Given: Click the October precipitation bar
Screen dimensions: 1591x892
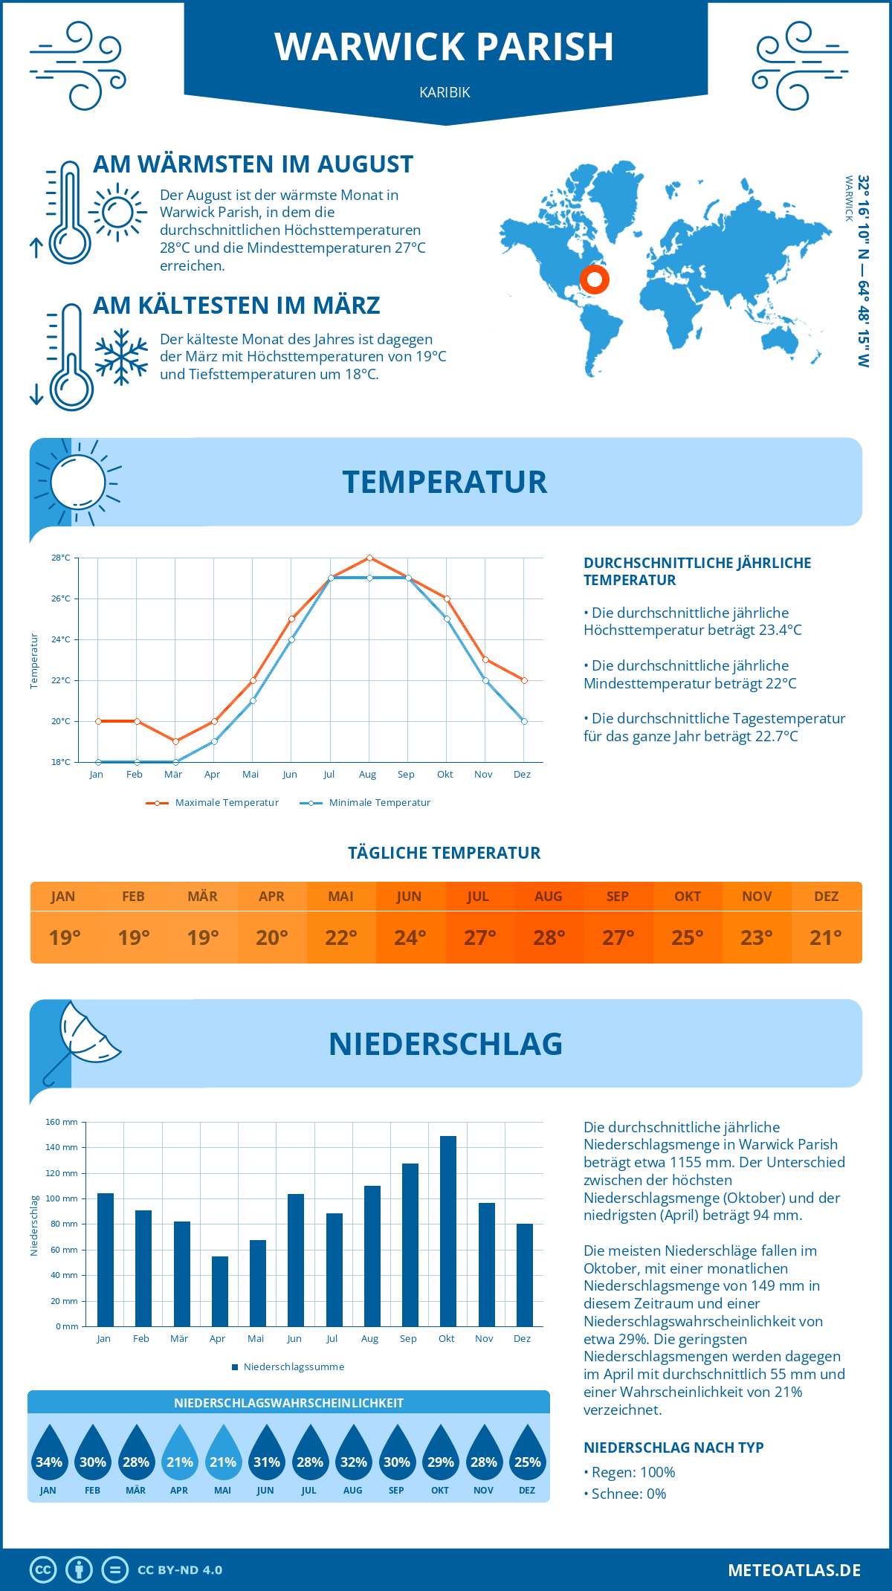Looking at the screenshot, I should [447, 1231].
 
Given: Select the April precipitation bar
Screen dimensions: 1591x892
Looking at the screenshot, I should [219, 1291].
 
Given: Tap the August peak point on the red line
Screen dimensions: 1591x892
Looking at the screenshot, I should [369, 558].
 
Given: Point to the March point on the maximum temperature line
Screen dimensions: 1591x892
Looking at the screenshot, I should [175, 741].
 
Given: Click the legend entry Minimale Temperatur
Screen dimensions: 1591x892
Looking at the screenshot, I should [365, 803].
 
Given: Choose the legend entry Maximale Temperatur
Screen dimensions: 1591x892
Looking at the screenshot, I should [213, 803].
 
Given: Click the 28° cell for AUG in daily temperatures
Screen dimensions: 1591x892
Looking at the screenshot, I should [549, 938].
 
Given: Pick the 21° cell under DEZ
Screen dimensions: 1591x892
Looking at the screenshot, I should [826, 938].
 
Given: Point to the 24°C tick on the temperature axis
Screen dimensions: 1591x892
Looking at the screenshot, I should [61, 639].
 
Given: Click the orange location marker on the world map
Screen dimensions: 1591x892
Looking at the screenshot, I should [594, 280].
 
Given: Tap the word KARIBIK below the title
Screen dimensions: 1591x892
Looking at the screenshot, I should [445, 93].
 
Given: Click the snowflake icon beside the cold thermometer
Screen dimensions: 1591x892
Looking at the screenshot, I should [121, 357].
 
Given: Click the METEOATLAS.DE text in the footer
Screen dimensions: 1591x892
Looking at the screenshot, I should [794, 1570].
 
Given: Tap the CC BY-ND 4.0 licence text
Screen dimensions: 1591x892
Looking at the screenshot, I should [180, 1570].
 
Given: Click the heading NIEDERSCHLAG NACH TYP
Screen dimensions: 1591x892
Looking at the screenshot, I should [673, 1448].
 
